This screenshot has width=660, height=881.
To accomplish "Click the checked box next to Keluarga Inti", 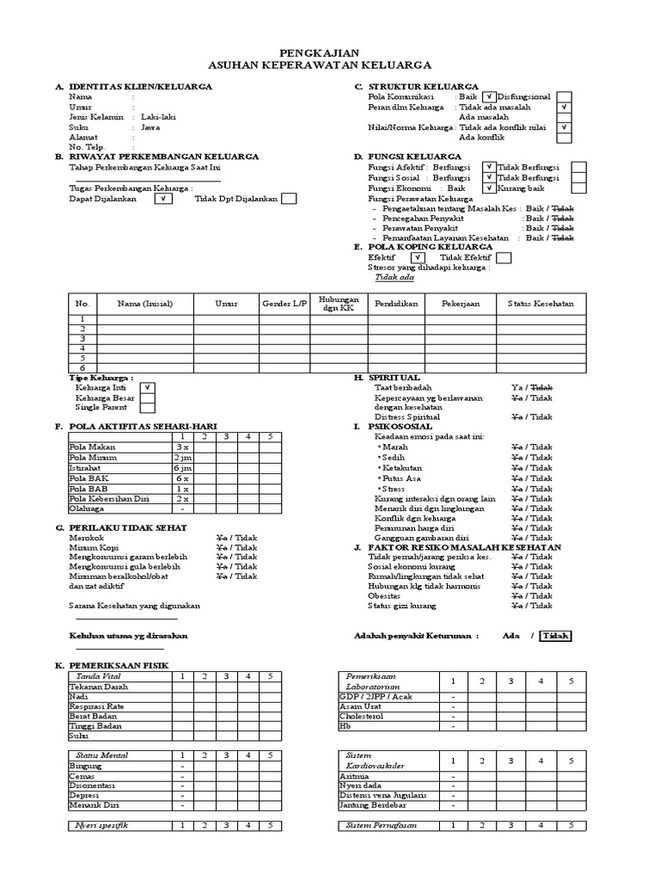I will click(x=148, y=388).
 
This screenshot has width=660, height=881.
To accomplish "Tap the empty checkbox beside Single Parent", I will click(x=148, y=409).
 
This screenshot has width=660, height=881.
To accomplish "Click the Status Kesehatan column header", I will click(x=541, y=304).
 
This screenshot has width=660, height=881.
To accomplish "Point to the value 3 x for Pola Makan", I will click(x=181, y=447).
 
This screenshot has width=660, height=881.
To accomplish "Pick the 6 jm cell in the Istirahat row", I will click(x=181, y=467).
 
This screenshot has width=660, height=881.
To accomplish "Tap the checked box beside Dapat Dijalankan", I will click(x=163, y=199).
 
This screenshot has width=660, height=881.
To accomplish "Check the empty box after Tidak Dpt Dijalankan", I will click(x=290, y=199).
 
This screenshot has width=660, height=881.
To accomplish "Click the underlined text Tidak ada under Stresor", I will click(x=394, y=278).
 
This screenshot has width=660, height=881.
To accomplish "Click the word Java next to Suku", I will click(x=150, y=127).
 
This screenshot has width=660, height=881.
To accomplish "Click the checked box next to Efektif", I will click(x=417, y=257).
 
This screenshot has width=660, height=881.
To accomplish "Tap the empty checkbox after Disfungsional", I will click(x=564, y=97).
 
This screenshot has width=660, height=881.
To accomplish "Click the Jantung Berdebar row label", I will click(x=370, y=806).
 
